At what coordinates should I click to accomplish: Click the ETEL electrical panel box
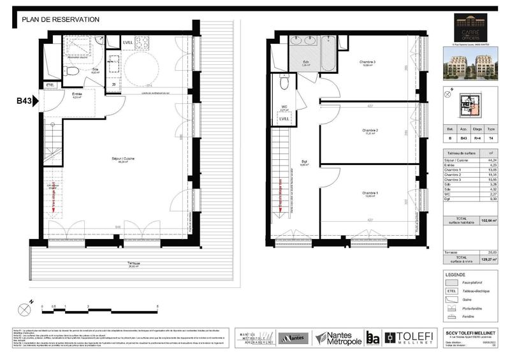pos(50,85)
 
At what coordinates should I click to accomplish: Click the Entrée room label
pos(76,96)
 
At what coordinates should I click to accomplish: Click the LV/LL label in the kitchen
pos(128,43)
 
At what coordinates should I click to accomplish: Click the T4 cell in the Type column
pos(490,136)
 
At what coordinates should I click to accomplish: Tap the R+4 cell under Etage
pos(476,136)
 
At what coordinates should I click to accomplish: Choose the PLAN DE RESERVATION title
pos(61,20)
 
